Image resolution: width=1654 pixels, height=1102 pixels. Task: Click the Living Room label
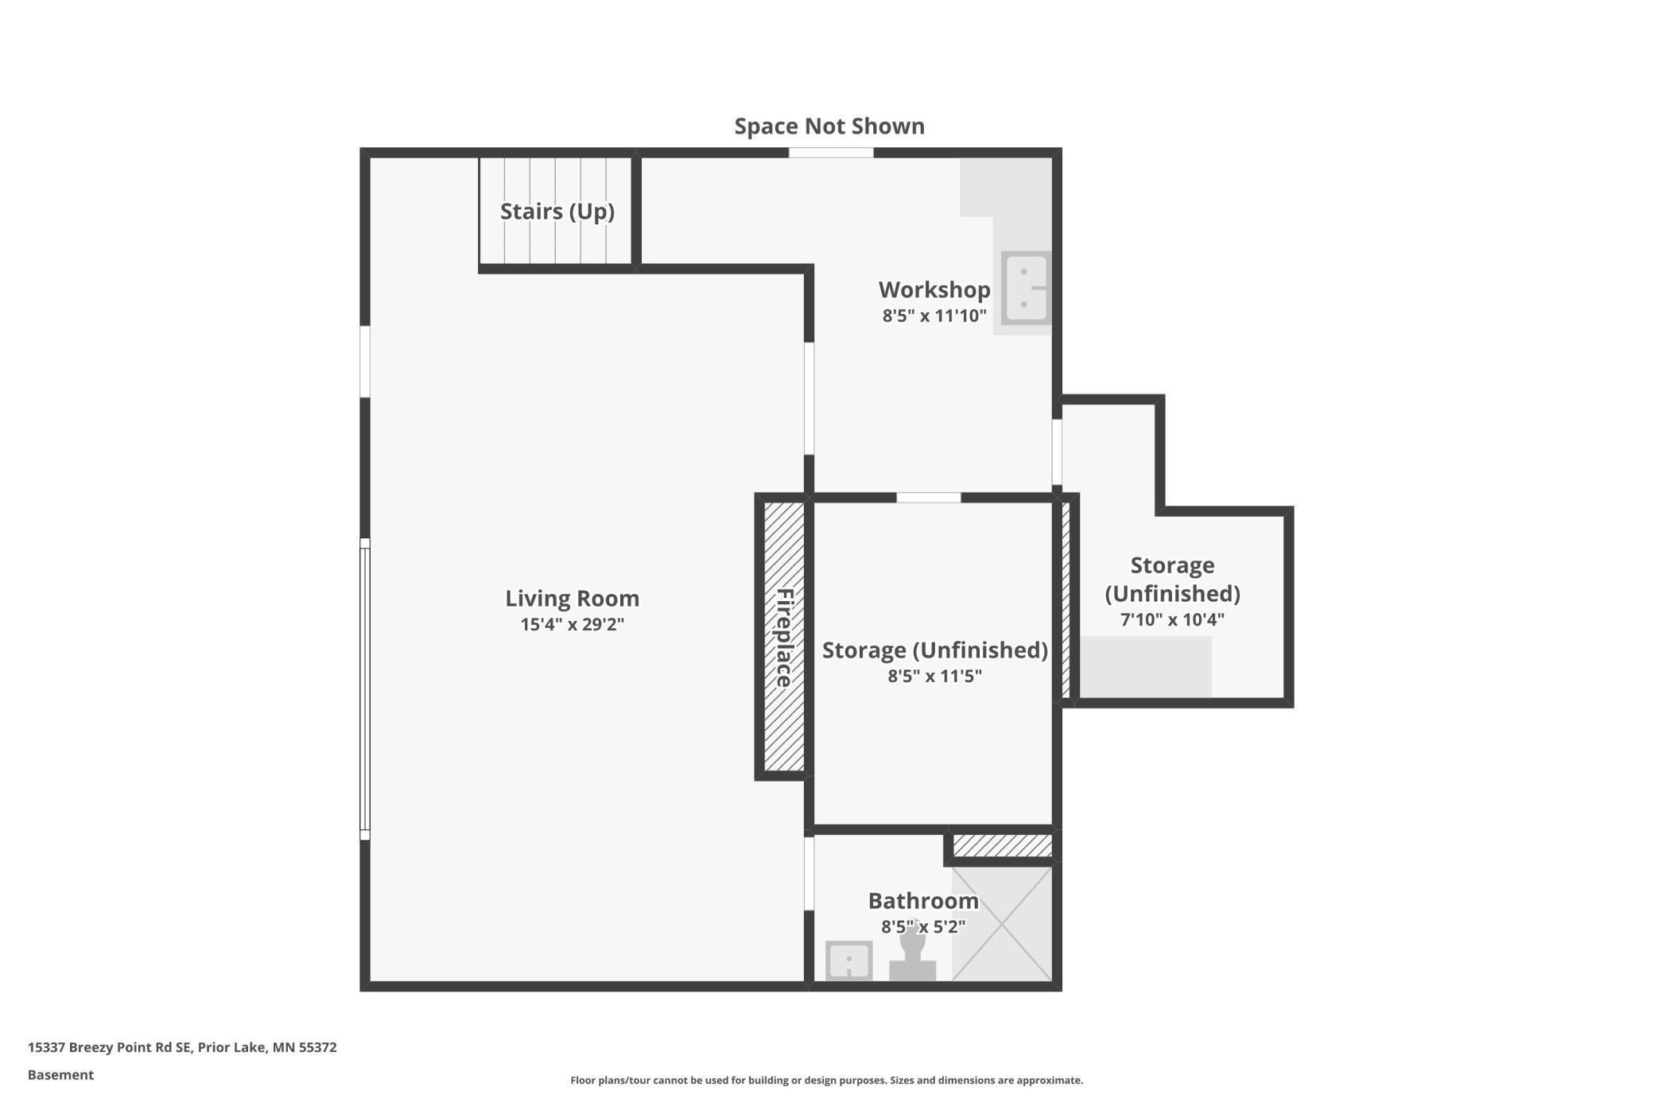coord(572,598)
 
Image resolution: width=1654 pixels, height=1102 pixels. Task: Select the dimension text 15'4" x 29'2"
coord(572,624)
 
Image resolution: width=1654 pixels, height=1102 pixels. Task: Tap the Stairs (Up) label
coord(557,211)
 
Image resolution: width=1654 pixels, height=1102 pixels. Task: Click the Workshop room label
coord(934,289)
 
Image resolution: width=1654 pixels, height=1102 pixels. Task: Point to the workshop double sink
coord(1025,288)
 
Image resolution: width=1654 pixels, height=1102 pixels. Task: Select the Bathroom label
coord(922,901)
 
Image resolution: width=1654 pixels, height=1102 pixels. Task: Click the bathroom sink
coord(848,960)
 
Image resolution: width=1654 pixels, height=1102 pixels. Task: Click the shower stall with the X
coord(1002,923)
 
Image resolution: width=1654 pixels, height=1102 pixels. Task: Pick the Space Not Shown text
coord(829,126)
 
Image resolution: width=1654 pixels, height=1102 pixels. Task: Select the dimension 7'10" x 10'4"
coord(1172,619)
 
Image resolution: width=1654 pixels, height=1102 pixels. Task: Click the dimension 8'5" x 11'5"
coord(934,676)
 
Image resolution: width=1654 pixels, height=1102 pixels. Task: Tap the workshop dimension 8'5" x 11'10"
coord(934,316)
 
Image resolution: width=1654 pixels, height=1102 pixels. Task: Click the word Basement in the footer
coord(60,1075)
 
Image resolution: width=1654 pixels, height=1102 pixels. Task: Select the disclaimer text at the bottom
coord(826,1080)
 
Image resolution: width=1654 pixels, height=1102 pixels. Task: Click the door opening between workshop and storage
coord(928,498)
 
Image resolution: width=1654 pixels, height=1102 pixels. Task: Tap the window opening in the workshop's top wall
coord(831,153)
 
